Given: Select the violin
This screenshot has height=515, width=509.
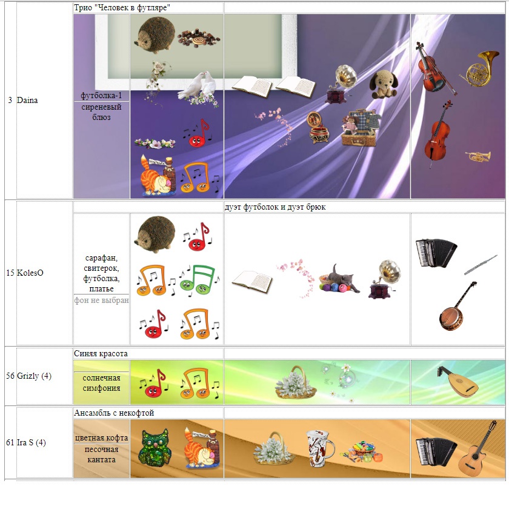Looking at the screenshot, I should [x=432, y=66].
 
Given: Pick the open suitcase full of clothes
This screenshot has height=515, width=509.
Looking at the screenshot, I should [x=359, y=127].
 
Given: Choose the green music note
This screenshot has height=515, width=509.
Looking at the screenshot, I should [x=197, y=279].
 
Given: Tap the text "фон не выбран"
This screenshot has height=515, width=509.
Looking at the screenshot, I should [x=102, y=301].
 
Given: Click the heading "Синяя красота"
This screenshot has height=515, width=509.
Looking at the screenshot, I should [x=101, y=353].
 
